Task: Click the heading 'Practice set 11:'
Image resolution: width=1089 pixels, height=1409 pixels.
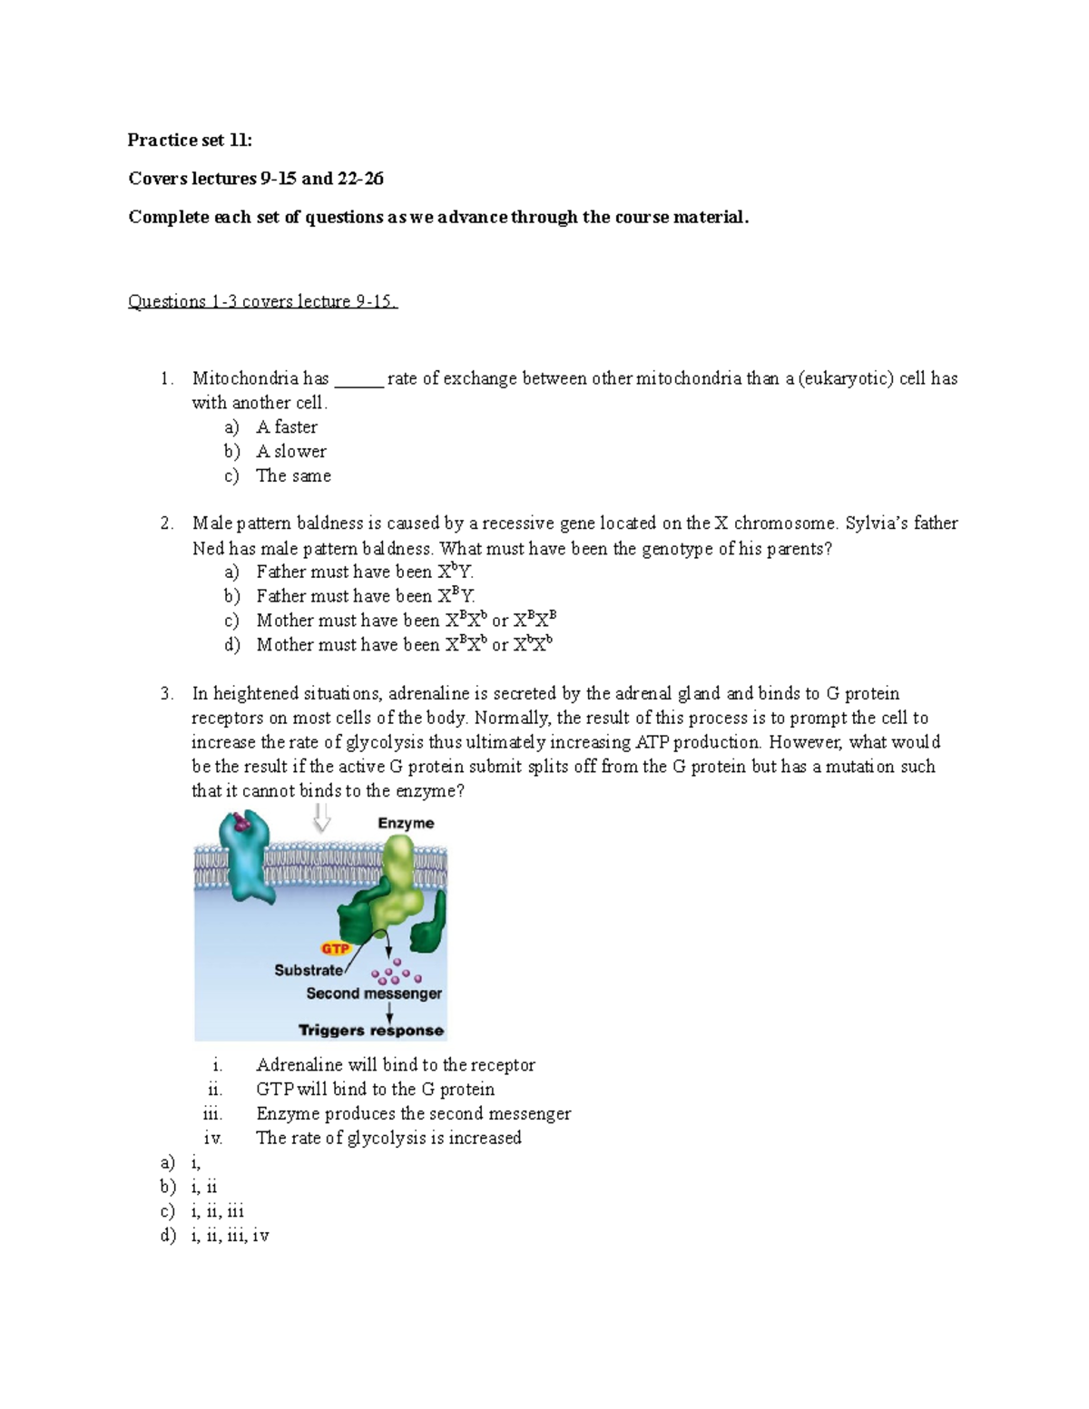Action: point(190,140)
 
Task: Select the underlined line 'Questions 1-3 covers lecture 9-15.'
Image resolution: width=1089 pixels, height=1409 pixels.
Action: point(262,301)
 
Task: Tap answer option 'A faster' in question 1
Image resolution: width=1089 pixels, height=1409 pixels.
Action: point(286,426)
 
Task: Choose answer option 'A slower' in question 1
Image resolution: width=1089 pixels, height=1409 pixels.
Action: point(290,451)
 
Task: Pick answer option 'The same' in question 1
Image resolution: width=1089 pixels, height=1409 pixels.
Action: point(293,475)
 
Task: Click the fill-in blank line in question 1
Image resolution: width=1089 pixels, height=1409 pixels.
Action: point(359,381)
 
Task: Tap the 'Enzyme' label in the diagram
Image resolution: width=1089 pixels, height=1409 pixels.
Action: point(406,823)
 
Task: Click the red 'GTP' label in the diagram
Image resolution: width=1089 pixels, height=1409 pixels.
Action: point(335,948)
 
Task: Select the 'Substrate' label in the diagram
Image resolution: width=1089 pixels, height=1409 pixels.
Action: point(309,970)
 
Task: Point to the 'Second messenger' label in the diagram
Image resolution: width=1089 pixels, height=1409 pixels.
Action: point(373,993)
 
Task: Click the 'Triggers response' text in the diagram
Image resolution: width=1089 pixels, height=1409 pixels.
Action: point(371,1031)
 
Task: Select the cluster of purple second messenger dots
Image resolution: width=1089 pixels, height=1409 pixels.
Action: point(396,974)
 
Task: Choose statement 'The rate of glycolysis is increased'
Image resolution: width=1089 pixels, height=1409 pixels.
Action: point(388,1138)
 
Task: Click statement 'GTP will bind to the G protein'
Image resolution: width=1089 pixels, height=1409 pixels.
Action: point(375,1089)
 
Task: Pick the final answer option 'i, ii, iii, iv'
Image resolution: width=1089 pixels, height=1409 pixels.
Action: point(230,1235)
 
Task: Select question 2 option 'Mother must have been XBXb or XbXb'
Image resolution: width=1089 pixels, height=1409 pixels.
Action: point(405,645)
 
